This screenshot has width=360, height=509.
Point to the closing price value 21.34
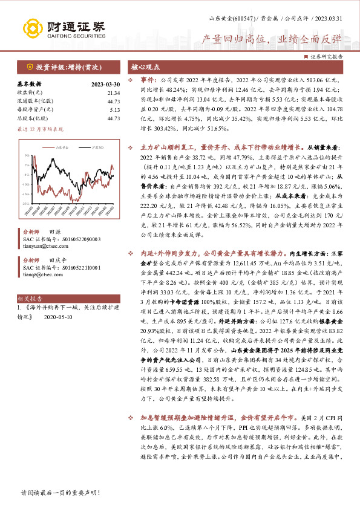point(113,92)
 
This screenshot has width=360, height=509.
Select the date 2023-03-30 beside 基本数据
point(105,84)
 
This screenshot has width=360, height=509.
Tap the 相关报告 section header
point(28,299)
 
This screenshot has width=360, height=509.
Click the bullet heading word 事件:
point(149,79)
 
